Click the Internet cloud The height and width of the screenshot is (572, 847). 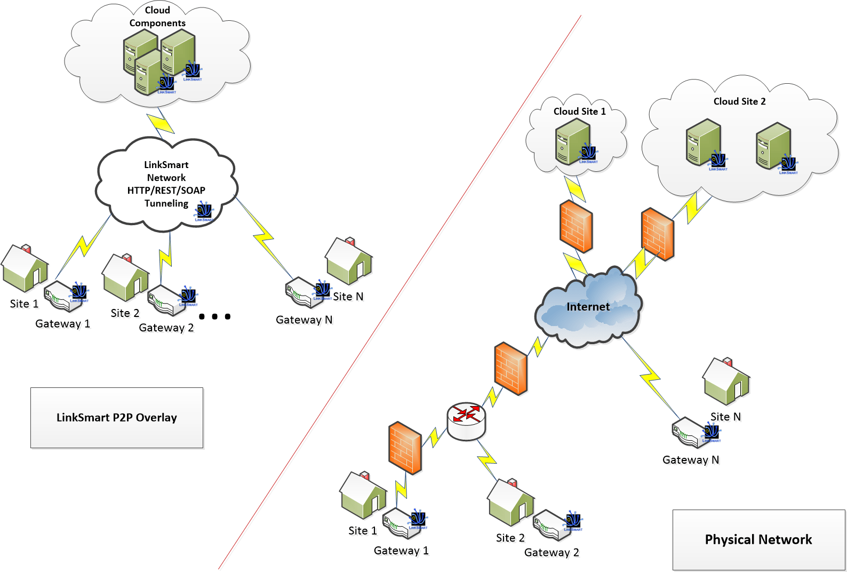point(588,307)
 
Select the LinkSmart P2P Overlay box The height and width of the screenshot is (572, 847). point(117,417)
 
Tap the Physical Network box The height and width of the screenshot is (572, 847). point(758,539)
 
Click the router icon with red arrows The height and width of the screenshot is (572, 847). point(466,421)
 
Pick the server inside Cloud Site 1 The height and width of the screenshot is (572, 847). point(572,141)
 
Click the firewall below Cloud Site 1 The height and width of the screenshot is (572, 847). point(576,227)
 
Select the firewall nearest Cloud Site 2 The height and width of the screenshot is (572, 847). point(658,234)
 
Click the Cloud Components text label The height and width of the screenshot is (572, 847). point(157,17)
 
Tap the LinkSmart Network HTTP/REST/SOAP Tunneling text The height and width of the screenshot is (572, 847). point(166,184)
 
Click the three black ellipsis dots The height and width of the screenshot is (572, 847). point(214,316)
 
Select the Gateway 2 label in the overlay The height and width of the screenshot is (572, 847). point(166,328)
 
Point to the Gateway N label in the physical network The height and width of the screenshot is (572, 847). point(691,460)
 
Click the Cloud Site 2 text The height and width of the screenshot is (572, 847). point(739,101)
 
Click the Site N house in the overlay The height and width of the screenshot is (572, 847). point(349,261)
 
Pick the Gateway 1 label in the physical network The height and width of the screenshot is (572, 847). point(401,551)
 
